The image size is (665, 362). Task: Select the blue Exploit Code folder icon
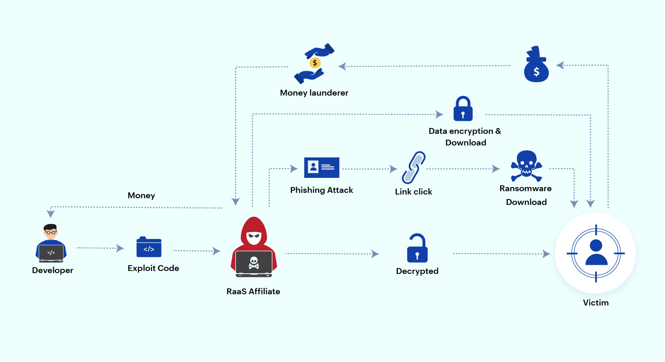(149, 248)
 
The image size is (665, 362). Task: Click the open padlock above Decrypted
(417, 248)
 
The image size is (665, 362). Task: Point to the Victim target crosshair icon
(596, 253)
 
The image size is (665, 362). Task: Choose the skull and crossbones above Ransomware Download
(526, 166)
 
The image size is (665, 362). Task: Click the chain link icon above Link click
(413, 167)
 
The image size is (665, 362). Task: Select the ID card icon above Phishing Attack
(321, 167)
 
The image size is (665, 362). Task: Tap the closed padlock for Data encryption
(463, 109)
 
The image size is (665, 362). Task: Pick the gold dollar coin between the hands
(315, 63)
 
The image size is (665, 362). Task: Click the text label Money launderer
(314, 93)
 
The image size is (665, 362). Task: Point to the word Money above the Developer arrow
(141, 195)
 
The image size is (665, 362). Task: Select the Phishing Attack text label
(321, 190)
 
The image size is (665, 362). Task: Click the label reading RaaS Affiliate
(253, 291)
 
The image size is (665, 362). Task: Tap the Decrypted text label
(417, 271)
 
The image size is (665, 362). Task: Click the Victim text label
(596, 303)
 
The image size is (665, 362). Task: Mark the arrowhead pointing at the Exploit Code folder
(120, 248)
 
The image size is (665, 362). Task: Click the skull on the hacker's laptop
(254, 263)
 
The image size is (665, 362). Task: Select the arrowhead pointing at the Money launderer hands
(342, 66)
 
